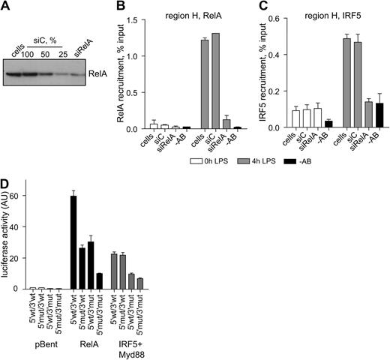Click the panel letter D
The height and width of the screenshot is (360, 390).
tap(7, 181)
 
